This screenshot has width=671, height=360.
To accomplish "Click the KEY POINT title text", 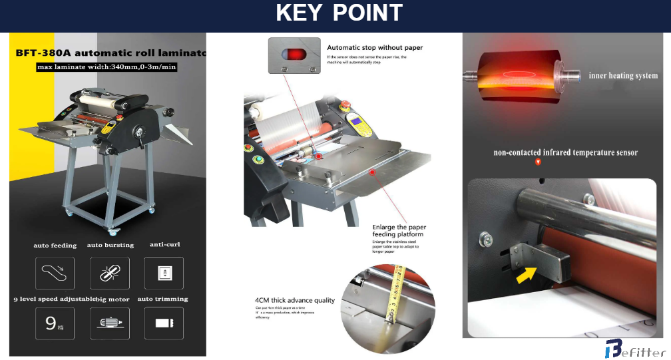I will pyautogui.click(x=339, y=13).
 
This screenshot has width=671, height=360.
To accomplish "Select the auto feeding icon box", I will pyautogui.click(x=54, y=273).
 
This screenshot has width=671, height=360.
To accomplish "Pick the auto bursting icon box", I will pyautogui.click(x=109, y=273).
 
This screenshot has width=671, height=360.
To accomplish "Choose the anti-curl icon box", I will pyautogui.click(x=163, y=273).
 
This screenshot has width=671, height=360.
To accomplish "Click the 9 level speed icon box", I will pyautogui.click(x=54, y=323).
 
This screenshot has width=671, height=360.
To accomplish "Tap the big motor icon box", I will pyautogui.click(x=109, y=323).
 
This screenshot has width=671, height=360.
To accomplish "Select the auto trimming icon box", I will pyautogui.click(x=163, y=323).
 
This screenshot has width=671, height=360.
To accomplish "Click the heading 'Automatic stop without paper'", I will pyautogui.click(x=375, y=48).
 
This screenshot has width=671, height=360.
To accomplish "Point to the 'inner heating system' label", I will pyautogui.click(x=623, y=76).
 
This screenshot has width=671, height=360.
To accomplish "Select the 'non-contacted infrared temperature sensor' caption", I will pyautogui.click(x=565, y=152).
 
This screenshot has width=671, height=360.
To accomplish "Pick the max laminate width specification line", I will pyautogui.click(x=107, y=67).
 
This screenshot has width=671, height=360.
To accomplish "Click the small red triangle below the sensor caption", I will pyautogui.click(x=538, y=162).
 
